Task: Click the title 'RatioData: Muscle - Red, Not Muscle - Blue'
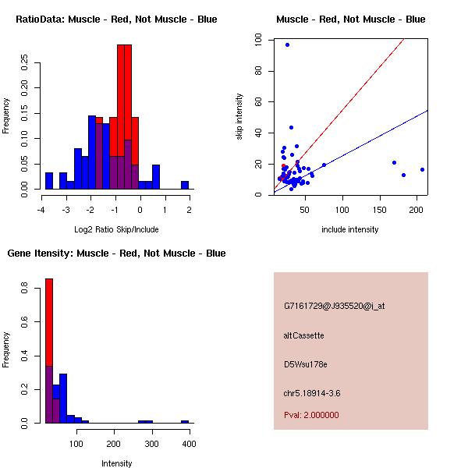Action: click(117, 19)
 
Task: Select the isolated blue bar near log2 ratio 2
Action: click(185, 185)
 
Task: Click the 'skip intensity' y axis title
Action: click(239, 117)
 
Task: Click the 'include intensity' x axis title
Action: click(350, 229)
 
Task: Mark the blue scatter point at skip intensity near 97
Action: click(287, 45)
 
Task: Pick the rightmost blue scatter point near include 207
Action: click(422, 169)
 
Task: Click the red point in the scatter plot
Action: click(284, 167)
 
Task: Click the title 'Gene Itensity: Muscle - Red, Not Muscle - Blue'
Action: click(117, 253)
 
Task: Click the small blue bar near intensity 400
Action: click(185, 421)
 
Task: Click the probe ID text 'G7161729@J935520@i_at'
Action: click(334, 306)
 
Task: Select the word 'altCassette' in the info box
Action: click(304, 335)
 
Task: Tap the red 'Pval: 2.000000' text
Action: click(311, 415)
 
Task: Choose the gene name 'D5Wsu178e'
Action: click(306, 364)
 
